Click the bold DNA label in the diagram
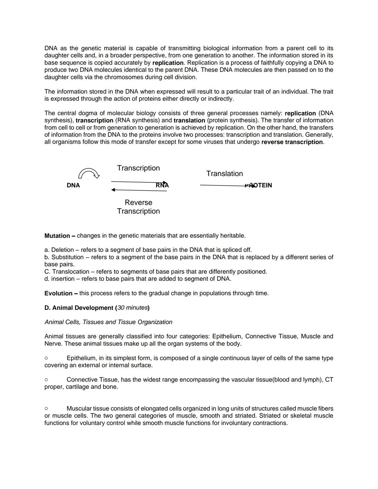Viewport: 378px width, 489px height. point(73,185)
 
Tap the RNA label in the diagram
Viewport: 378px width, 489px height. point(162,185)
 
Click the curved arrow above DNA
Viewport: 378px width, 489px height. point(89,173)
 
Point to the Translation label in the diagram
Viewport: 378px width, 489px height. point(224,174)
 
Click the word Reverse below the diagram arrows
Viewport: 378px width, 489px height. point(138,202)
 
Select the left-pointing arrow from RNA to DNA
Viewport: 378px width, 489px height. point(139,190)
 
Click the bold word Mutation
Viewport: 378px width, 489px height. point(57,236)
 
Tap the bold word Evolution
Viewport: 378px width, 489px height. point(58,293)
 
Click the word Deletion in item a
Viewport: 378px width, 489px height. point(63,250)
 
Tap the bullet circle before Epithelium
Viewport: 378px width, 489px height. point(46,358)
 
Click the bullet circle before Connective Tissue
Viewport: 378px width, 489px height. point(46,379)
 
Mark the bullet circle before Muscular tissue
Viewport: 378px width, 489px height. point(46,408)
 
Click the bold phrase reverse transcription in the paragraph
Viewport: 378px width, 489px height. point(292,142)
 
